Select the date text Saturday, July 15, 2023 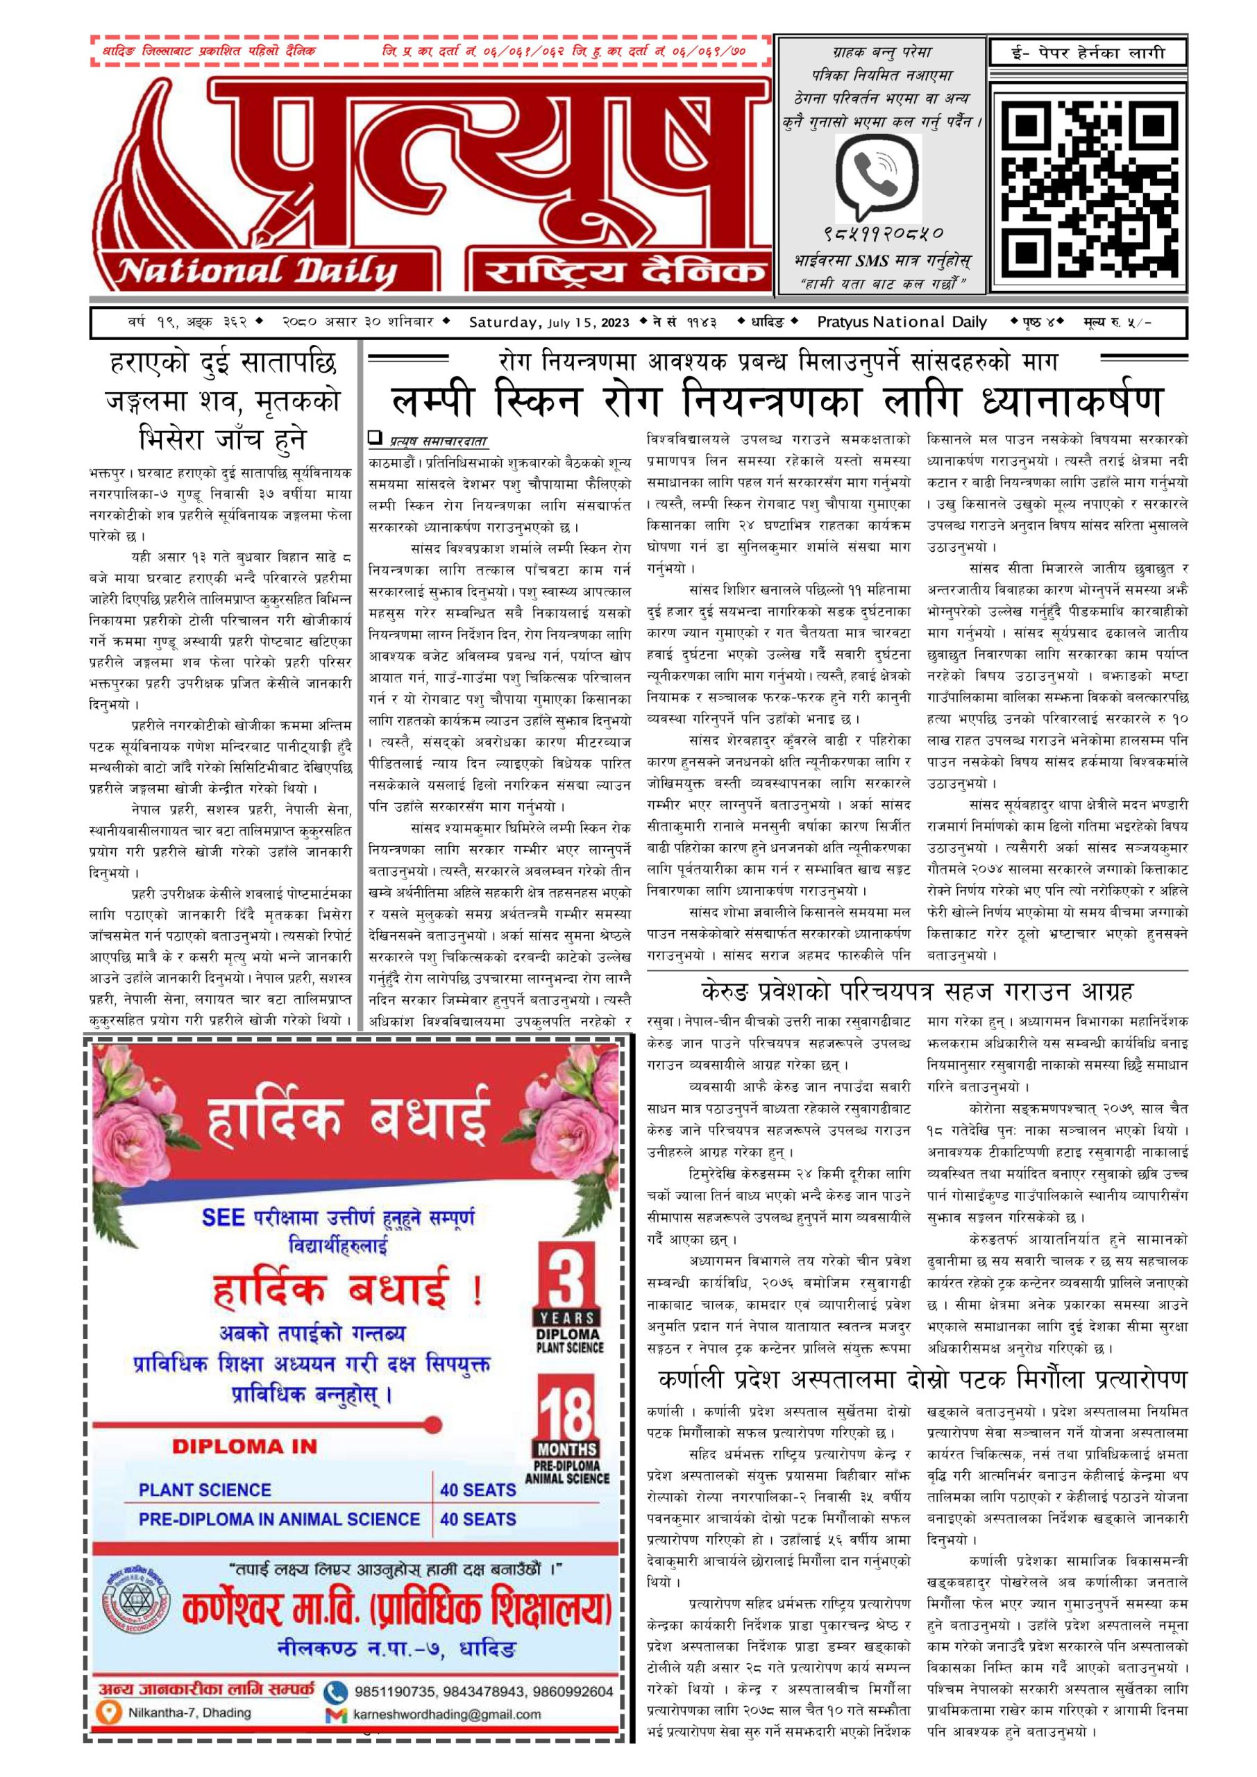click(x=549, y=322)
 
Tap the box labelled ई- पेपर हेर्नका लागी click(x=1088, y=53)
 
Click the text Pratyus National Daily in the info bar click(x=902, y=322)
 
